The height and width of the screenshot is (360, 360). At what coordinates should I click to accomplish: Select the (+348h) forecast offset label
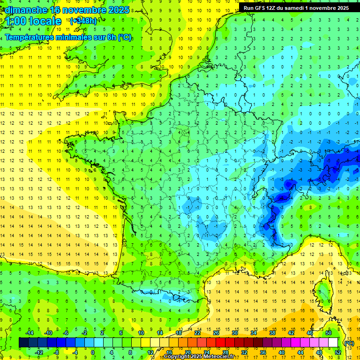coord(83,21)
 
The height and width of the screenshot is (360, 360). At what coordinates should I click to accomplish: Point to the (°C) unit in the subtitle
coord(124,37)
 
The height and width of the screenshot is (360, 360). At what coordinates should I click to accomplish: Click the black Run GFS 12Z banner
coord(296,8)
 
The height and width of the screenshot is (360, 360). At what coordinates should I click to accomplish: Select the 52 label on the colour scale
coord(338,352)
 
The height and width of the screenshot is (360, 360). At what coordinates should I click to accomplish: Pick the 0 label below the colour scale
coord(93,352)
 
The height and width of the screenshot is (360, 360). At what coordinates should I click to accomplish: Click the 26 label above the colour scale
coord(216,333)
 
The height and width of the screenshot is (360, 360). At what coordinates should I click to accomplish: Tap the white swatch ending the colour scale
coord(333,343)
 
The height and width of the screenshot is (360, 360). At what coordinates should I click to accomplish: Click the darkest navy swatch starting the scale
coord(23,343)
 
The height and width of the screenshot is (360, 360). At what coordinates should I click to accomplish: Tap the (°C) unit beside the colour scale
coord(349,343)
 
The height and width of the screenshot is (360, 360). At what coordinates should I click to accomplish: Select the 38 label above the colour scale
coord(272,333)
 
